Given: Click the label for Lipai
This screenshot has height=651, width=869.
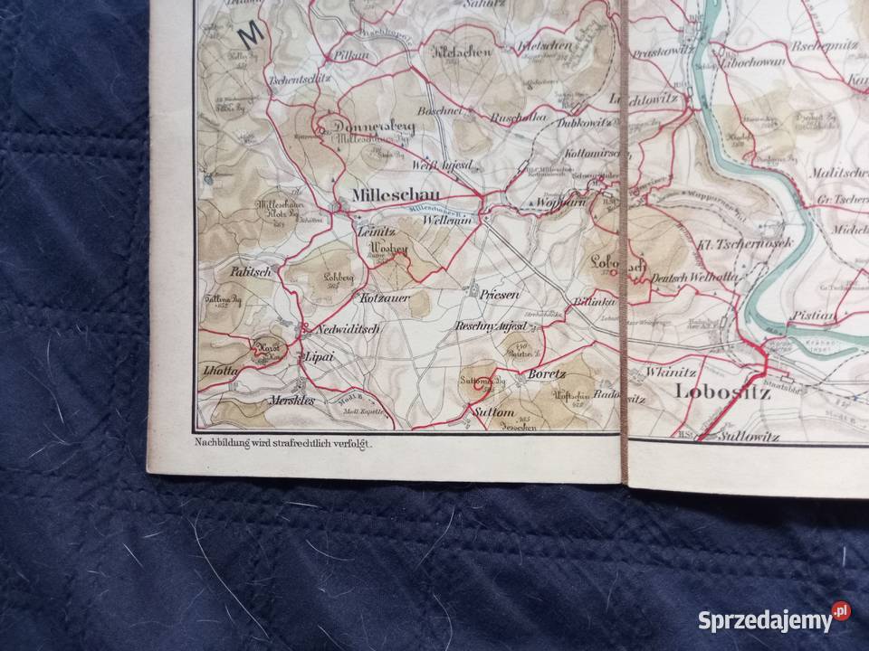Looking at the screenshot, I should point(321,356).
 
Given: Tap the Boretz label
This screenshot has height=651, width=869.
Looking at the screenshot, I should point(547,373).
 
